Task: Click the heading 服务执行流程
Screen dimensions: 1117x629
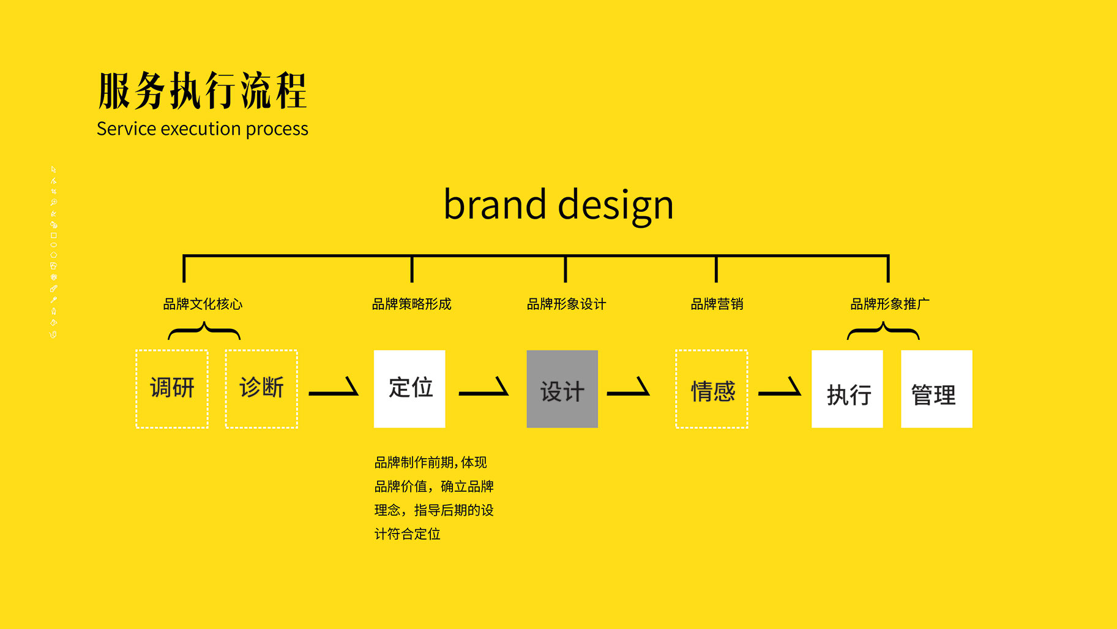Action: [x=203, y=91]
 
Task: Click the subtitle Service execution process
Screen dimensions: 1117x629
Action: [x=203, y=129]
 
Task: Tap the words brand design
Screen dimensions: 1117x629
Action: [x=558, y=205]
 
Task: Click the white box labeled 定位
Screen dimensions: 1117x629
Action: [x=409, y=389]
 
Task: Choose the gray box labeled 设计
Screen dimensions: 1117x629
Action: [x=562, y=389]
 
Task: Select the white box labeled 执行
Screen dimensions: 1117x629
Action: [x=847, y=389]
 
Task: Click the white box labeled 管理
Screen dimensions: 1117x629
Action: [x=936, y=389]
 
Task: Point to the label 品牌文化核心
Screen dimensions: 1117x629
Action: [x=203, y=304]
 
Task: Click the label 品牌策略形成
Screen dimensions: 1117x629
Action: [x=412, y=304]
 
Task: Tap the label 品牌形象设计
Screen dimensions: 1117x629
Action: [x=566, y=304]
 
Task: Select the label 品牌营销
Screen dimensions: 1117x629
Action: [x=717, y=304]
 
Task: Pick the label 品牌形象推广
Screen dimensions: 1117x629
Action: [x=890, y=304]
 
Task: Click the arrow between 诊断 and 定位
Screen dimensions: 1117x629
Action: [x=334, y=393]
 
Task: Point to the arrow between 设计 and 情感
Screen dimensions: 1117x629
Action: [x=628, y=393]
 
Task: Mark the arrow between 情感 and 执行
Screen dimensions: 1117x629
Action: [x=780, y=393]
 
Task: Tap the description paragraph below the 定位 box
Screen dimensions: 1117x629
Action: [x=434, y=498]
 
